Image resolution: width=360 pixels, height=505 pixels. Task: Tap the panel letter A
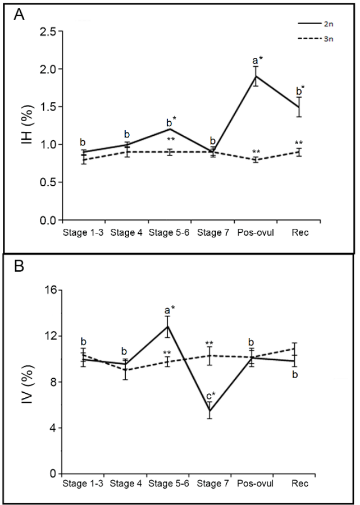(19, 15)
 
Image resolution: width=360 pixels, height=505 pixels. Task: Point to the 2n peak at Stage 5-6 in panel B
(167, 327)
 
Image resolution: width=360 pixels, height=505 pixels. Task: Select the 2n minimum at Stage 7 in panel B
(209, 411)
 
